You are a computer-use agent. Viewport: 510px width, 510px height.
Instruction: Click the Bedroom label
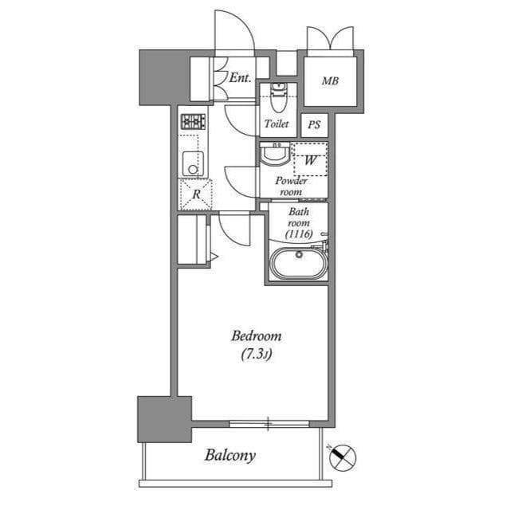coord(256,336)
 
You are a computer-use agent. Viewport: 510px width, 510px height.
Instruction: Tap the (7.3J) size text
coord(256,355)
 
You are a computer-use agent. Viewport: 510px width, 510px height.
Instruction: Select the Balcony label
coord(230,456)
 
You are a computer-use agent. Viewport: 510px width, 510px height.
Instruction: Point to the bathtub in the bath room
coord(296,263)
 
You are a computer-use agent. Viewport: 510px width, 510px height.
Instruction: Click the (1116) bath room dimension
coord(299,234)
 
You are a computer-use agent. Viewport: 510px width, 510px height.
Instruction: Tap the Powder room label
coord(291,186)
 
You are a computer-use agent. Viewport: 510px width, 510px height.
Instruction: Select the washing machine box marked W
coord(310,159)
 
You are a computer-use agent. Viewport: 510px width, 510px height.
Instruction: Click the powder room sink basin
coord(276,153)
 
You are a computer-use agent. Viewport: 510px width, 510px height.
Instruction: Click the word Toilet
coord(277,124)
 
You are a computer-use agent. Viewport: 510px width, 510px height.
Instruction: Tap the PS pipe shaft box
coord(315,125)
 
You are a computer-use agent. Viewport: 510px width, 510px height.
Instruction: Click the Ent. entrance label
coord(240,78)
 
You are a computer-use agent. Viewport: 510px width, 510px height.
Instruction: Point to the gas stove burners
coord(193,122)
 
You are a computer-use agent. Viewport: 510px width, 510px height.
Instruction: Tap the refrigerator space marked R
coord(195,194)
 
